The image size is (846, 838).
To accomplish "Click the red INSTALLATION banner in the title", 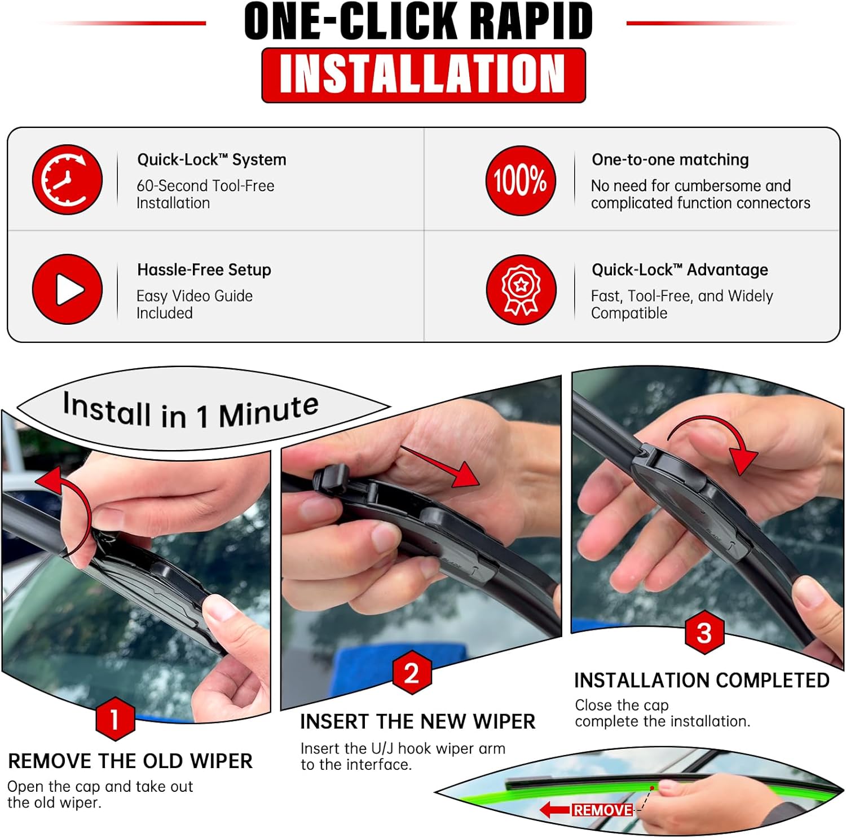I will coord(424,75).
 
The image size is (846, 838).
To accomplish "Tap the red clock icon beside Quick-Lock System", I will coord(67,180).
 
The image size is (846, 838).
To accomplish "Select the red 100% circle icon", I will coord(521,180).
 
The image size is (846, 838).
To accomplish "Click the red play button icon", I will coord(68,289).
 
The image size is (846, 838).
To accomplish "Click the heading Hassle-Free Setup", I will coord(204,270).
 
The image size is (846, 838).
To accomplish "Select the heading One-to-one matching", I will coord(670,160).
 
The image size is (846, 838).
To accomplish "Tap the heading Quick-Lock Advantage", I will coord(680,270).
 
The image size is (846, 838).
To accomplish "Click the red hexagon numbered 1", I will coord(115,719).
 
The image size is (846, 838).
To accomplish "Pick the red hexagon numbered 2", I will coord(412,673).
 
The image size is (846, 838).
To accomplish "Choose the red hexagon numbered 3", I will coord(704,632).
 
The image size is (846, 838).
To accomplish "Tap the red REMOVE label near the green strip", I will coord(602,810).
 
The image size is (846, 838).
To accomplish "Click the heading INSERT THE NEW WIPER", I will coord(417,722).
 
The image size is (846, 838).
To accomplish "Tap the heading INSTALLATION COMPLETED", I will coord(701,681).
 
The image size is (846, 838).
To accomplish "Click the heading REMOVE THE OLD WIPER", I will coord(130,761).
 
